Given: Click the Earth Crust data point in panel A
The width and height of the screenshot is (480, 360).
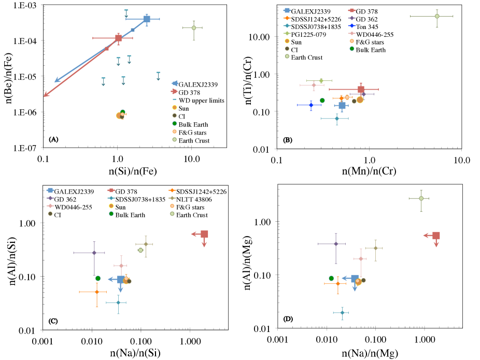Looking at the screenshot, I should click(194, 27).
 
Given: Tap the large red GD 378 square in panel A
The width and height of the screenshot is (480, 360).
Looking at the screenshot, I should click(119, 38).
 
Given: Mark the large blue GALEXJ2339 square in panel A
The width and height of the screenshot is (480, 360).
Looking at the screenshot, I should click(147, 19).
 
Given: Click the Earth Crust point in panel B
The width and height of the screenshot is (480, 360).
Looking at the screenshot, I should click(437, 16).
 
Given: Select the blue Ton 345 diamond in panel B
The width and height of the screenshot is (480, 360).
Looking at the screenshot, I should click(311, 105).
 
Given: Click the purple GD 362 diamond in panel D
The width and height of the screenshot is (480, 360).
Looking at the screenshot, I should click(336, 243).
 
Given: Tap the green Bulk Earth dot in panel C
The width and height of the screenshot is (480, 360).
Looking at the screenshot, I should click(98, 278).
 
